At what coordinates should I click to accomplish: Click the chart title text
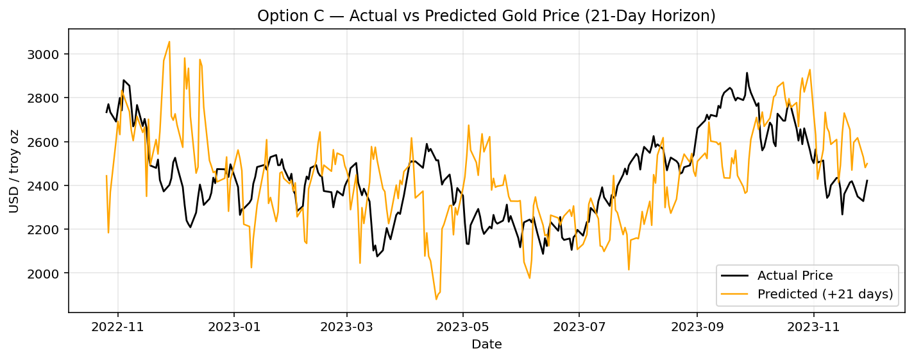pos(486,16)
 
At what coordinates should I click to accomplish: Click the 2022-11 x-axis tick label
pos(118,326)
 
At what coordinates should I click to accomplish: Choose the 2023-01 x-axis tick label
pos(234,326)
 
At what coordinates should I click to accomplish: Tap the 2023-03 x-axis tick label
pos(346,326)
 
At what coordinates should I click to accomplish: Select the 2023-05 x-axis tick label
pos(462,326)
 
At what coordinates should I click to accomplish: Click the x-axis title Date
pos(486,345)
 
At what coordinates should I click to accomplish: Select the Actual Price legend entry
pos(795,276)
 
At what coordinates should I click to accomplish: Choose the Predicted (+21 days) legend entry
pos(825,295)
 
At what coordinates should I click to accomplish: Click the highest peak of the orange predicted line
pos(169,42)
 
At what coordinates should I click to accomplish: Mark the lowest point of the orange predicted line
pos(436,299)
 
